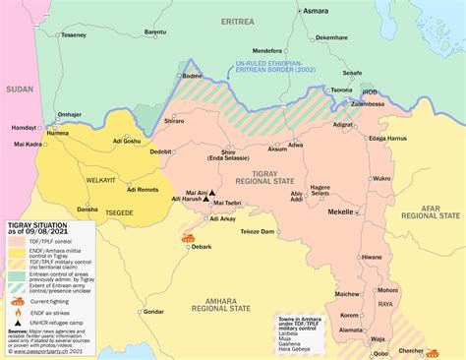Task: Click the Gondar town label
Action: [153, 311]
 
